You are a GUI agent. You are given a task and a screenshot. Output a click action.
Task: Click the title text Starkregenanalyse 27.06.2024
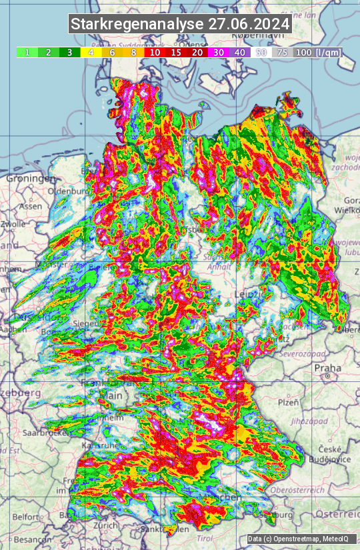(x=180, y=24)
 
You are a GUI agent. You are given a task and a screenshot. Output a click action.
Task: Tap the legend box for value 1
(x=27, y=52)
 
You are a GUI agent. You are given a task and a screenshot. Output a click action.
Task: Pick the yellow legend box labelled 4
(x=91, y=52)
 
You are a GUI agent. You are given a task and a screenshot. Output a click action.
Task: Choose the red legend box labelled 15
(x=176, y=52)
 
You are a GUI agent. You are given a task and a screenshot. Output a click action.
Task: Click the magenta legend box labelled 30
(x=219, y=52)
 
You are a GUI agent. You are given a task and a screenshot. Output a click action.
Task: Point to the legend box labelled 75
(x=283, y=52)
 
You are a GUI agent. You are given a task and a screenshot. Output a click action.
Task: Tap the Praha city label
(x=328, y=367)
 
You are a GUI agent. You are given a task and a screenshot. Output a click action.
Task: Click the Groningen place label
(x=29, y=179)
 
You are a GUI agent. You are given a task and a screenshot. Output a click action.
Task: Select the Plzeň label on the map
(x=289, y=402)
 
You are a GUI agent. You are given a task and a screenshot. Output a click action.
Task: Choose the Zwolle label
(x=12, y=225)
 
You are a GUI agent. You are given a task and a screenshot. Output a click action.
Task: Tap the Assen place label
(x=30, y=207)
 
